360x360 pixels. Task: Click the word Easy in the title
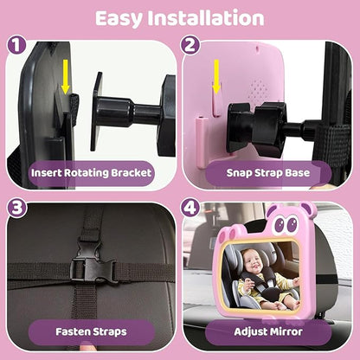[119, 18]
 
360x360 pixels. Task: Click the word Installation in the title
[206, 17]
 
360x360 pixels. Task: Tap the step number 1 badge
[16, 45]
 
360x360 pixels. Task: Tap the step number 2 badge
[190, 45]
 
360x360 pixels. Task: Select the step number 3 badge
[16, 208]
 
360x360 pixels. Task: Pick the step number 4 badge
[190, 208]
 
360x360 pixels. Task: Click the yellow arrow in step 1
[66, 77]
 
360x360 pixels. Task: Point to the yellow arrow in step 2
[216, 77]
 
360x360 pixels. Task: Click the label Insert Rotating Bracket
[91, 173]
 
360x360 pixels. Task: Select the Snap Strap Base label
[268, 173]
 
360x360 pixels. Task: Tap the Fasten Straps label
[91, 331]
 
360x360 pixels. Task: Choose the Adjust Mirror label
[268, 331]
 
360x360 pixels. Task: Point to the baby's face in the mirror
[251, 261]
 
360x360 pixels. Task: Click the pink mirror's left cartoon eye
[280, 224]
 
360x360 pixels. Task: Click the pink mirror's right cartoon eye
[292, 223]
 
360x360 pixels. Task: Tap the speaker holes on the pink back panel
[259, 88]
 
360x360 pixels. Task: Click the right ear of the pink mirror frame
[308, 209]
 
